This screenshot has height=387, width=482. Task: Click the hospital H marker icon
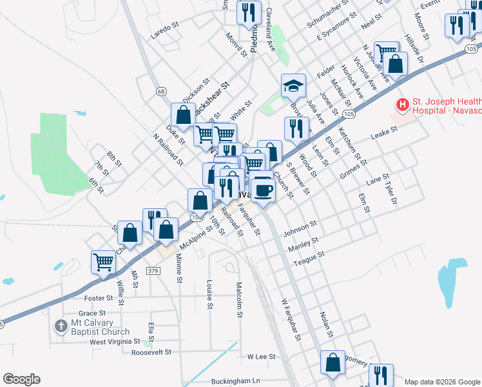click(403, 104)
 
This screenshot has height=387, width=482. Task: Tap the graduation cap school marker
click(293, 84)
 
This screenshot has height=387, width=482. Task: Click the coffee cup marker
click(263, 190)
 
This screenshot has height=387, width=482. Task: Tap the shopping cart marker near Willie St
click(103, 261)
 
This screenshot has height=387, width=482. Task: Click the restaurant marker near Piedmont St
click(248, 12)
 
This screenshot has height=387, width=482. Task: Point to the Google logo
click(21, 379)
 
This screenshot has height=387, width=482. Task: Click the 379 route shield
click(153, 272)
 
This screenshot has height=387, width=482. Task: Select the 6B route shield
click(161, 92)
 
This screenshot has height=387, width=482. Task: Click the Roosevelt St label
click(151, 353)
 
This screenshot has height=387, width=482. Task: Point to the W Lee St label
click(261, 356)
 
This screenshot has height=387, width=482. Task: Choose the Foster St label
click(99, 299)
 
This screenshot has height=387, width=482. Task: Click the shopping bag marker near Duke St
click(183, 115)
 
